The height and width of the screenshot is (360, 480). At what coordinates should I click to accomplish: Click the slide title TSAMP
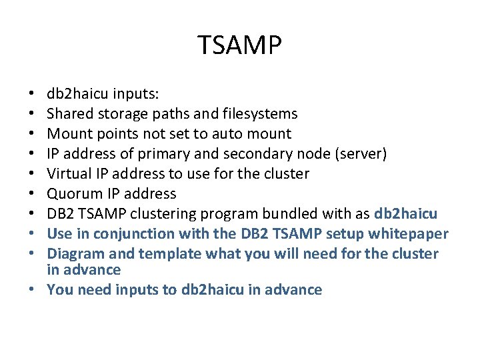pyautogui.click(x=240, y=45)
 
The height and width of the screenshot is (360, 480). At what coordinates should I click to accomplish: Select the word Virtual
pyautogui.click(x=68, y=173)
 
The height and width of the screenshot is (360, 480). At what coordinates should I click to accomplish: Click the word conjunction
pyautogui.click(x=130, y=233)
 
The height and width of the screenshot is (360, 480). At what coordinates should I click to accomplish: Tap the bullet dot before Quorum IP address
pyautogui.click(x=33, y=194)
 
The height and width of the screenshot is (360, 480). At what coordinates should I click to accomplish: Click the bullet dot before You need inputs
pyautogui.click(x=33, y=290)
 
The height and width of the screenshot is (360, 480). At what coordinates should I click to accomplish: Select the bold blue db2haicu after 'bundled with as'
pyautogui.click(x=406, y=213)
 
